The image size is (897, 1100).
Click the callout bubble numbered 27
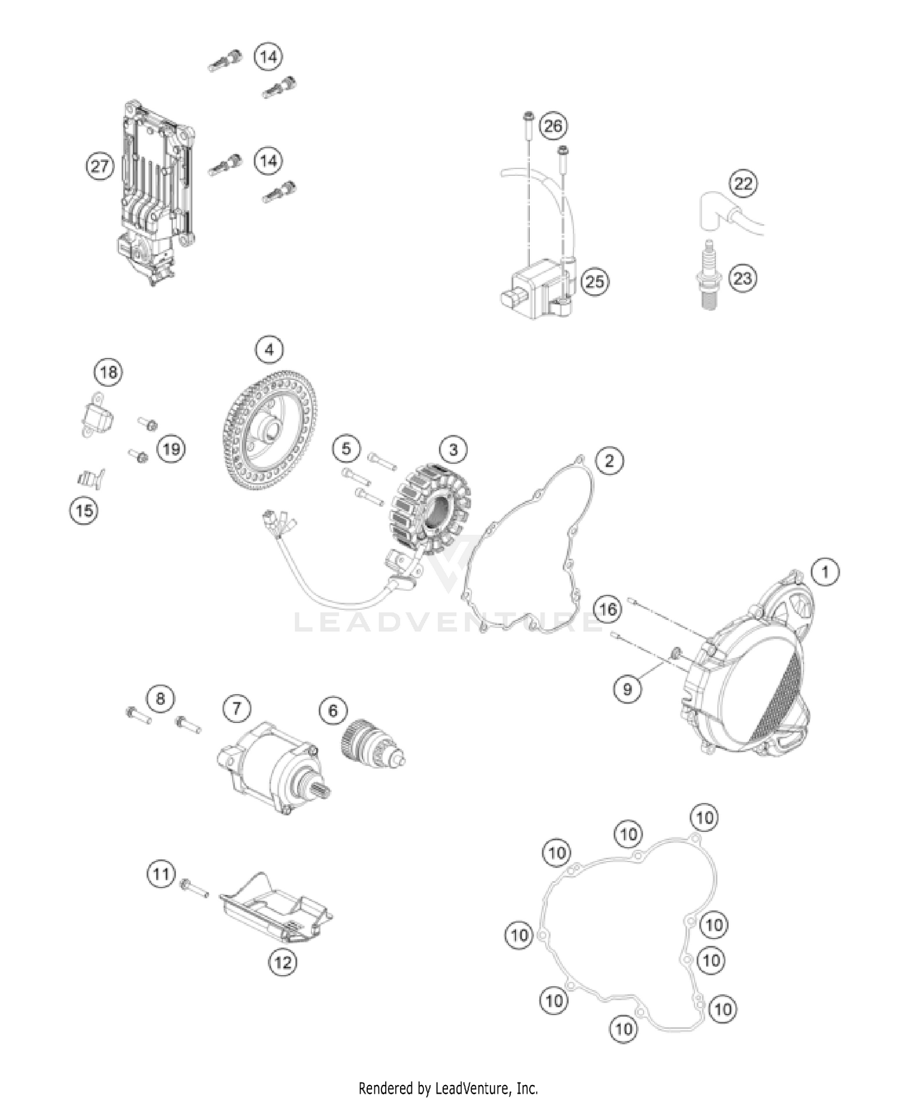click(x=99, y=166)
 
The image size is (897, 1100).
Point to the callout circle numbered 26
click(x=553, y=126)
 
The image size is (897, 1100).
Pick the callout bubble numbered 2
click(x=609, y=461)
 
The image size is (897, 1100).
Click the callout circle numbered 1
click(x=825, y=572)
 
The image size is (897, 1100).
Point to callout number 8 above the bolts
click(x=160, y=698)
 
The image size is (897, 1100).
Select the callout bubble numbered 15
click(x=84, y=510)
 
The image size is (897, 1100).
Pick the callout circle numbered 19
click(x=172, y=448)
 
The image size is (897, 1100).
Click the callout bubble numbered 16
click(x=608, y=609)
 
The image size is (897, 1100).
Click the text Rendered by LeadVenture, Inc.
click(x=448, y=1087)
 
